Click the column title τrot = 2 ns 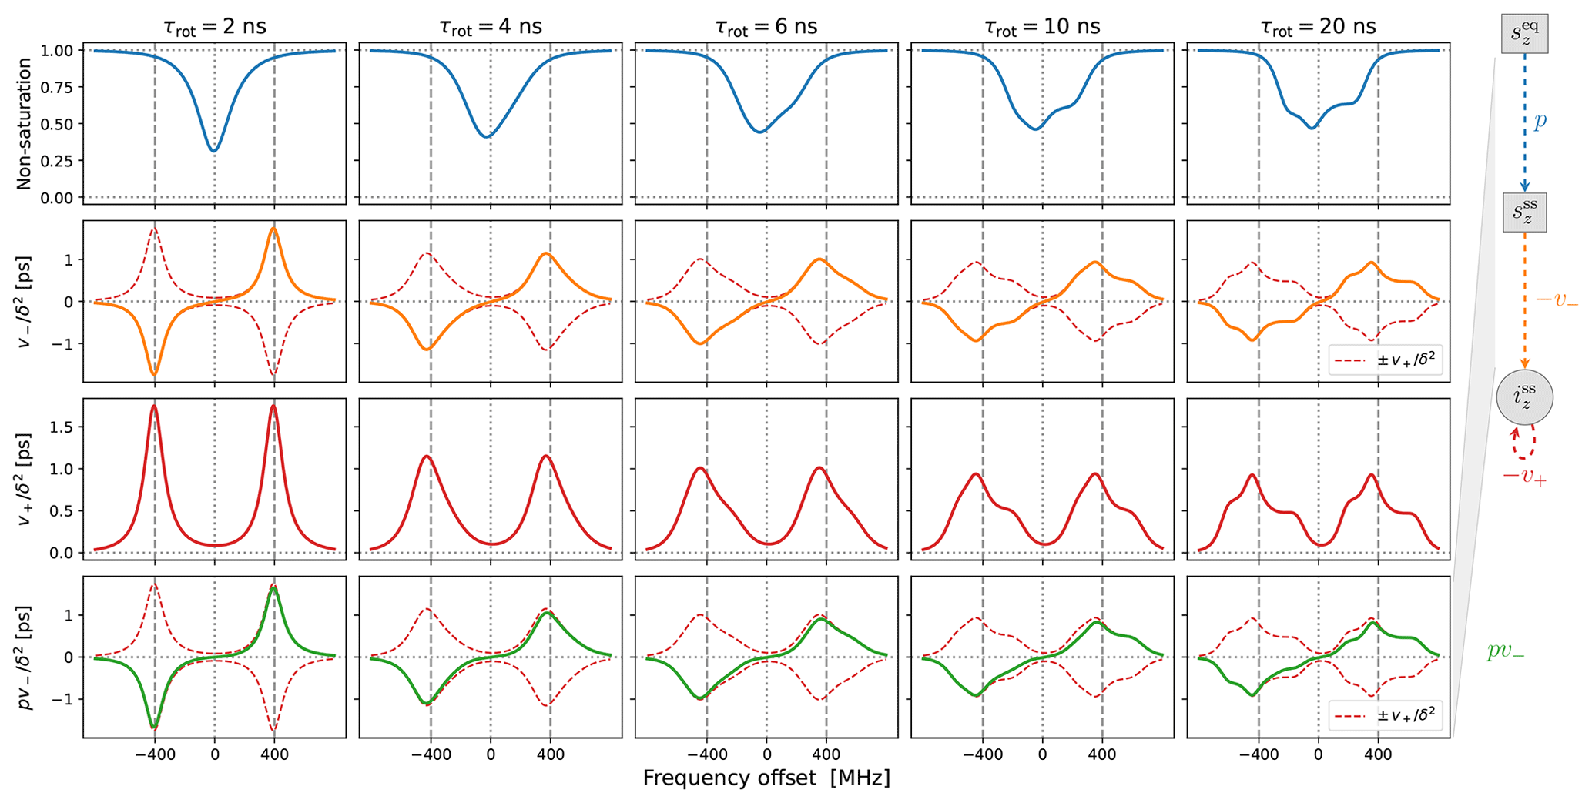click(215, 27)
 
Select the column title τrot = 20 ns click(1318, 27)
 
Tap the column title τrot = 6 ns click(766, 27)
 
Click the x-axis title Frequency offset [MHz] click(766, 778)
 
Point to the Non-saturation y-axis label click(25, 124)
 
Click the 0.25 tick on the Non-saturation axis click(58, 161)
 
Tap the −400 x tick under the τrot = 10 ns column click(982, 754)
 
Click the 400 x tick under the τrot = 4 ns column click(550, 754)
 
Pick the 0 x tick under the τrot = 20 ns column click(1318, 754)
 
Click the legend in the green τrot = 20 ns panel click(1386, 715)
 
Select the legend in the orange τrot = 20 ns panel click(1386, 360)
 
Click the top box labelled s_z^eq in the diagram click(1524, 33)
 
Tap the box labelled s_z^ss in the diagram click(1524, 212)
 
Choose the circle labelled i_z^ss click(1524, 397)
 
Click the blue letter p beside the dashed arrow click(1540, 122)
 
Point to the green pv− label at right click(1505, 651)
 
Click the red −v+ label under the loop click(1524, 477)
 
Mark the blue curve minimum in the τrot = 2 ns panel click(215, 150)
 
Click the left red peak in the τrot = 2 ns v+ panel click(155, 407)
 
